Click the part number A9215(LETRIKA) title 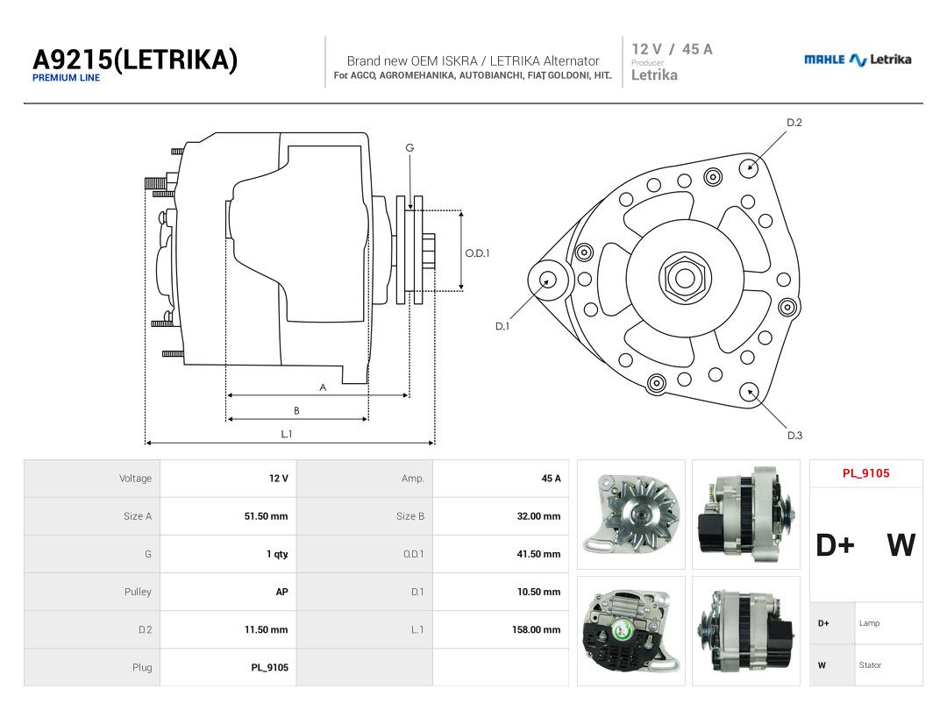tap(135, 60)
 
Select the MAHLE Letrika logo tap(858, 60)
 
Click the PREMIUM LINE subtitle tap(67, 78)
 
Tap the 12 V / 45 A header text tap(673, 49)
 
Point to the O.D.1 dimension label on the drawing tap(477, 253)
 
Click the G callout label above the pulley tap(409, 147)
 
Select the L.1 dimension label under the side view tap(286, 434)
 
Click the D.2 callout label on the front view tap(794, 123)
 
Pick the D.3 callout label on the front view tap(794, 436)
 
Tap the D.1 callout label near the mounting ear tap(502, 326)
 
